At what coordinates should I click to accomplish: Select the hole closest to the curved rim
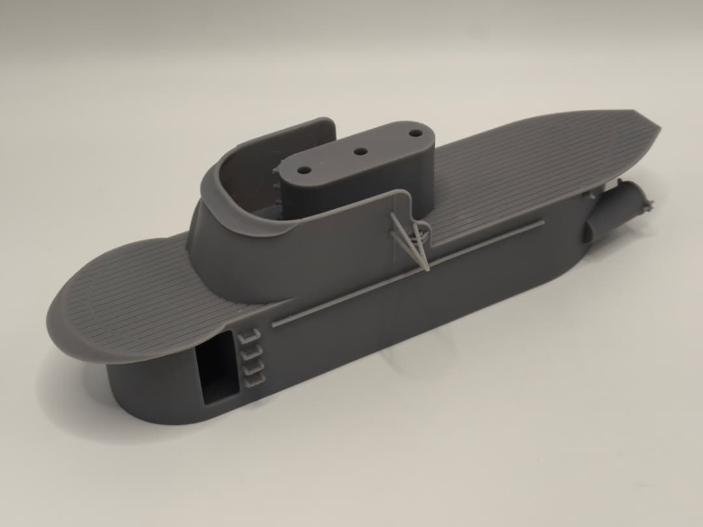(x=304, y=169)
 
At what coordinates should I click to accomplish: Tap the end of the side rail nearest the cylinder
(x=542, y=223)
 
